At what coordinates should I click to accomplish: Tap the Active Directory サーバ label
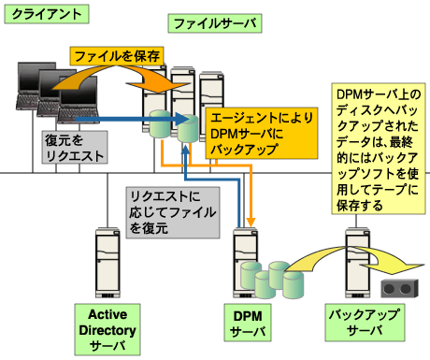coord(108,329)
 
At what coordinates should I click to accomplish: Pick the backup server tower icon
coord(358,257)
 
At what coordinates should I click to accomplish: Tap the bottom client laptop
coord(79,108)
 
